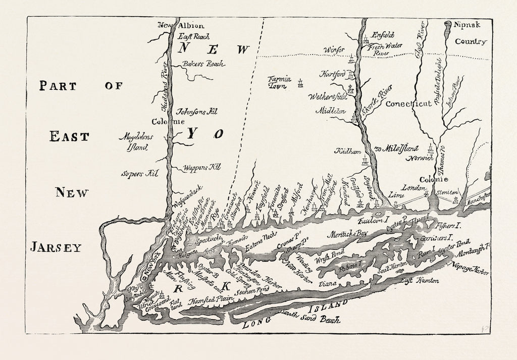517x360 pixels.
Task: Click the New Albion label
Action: click(174, 25)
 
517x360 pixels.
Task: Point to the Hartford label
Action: click(333, 74)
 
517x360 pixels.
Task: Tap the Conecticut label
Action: click(408, 104)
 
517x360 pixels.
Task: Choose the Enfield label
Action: click(382, 36)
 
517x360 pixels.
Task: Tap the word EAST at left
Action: click(69, 137)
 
